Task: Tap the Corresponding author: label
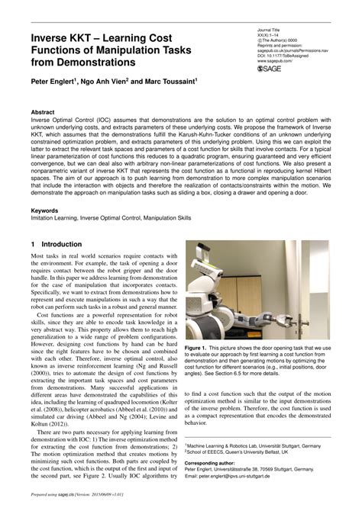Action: coord(212,462)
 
